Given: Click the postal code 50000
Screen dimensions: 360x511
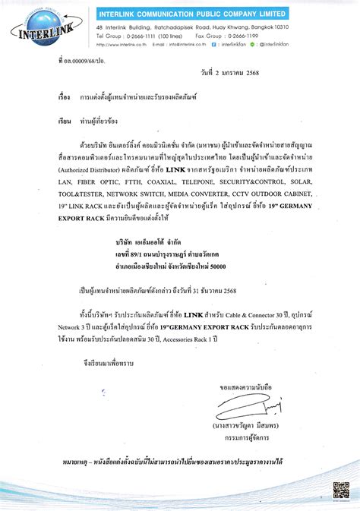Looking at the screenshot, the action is pos(215,267).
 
